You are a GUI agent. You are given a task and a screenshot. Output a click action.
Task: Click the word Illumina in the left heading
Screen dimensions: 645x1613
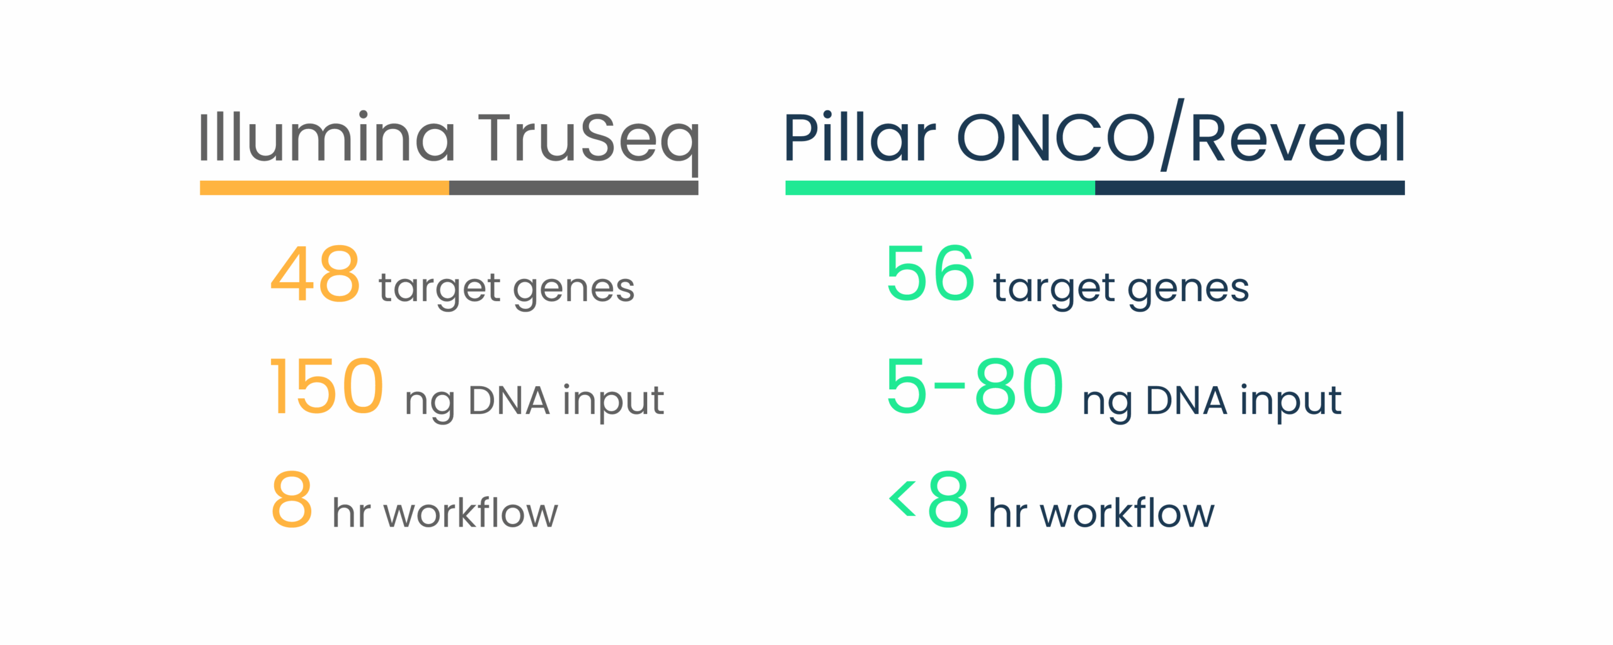[x=326, y=137]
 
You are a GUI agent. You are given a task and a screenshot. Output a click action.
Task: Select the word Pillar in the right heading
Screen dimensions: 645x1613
[x=860, y=137]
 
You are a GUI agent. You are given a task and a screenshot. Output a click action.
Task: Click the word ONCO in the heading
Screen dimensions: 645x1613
[x=1056, y=138]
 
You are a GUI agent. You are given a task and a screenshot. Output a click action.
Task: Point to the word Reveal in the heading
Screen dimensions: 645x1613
[x=1298, y=137]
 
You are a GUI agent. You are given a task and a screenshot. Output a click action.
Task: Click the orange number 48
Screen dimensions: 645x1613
[x=315, y=274]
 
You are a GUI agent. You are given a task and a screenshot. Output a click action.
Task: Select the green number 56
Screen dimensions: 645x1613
[x=930, y=274]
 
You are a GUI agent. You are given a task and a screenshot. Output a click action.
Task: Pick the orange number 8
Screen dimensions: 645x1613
[x=292, y=499]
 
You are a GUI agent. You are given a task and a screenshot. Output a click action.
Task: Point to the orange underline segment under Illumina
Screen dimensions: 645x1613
[x=324, y=188]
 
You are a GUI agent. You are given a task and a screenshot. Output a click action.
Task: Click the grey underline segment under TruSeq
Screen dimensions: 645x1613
[x=573, y=188]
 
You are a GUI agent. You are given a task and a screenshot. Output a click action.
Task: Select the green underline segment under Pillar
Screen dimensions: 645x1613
[x=939, y=188]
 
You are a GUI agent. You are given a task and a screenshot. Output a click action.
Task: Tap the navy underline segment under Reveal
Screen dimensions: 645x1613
[x=1249, y=188]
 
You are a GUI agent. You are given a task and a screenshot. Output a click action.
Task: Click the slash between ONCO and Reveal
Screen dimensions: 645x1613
[x=1173, y=135]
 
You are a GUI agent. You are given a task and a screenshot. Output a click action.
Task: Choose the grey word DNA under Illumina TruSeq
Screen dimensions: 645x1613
[x=509, y=401]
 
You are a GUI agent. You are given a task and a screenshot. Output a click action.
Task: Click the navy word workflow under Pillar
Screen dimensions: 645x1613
[x=1127, y=513]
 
